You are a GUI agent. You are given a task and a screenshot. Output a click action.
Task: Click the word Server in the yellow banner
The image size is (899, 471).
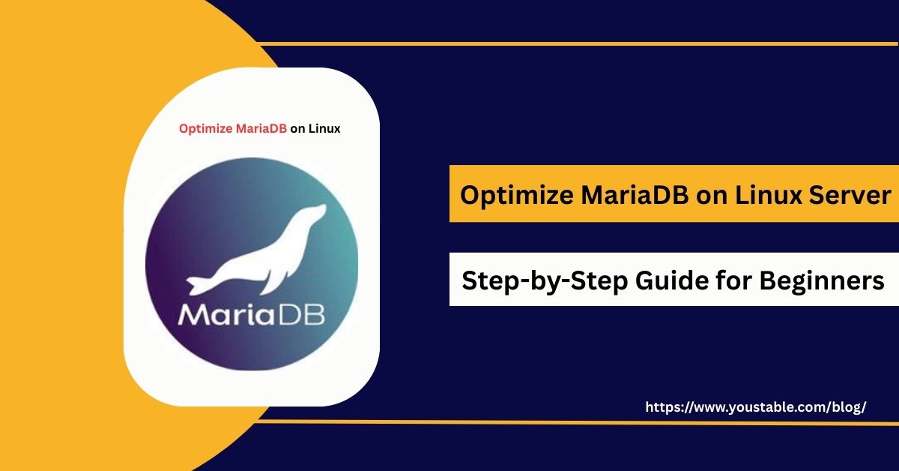[853, 196]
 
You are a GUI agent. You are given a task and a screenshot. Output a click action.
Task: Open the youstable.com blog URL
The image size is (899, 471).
[755, 407]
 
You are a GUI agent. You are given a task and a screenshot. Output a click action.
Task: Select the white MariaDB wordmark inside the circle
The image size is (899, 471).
[251, 313]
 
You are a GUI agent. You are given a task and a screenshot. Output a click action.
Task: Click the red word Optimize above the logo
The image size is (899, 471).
[202, 129]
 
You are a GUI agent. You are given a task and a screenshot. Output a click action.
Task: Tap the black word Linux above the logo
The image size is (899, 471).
[324, 129]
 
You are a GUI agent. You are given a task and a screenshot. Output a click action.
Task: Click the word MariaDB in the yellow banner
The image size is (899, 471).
[631, 196]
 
